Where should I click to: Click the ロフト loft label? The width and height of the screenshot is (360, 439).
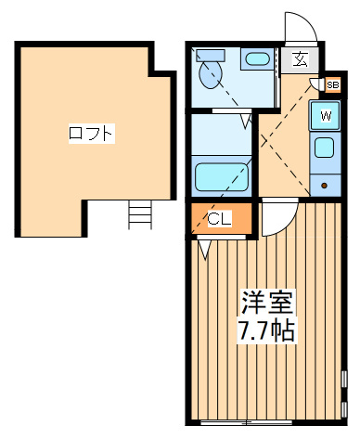pos(92,134)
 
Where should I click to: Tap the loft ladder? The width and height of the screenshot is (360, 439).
pos(140,214)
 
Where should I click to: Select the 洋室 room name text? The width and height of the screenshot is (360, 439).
pos(266,302)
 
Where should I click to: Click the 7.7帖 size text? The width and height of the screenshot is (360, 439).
pos(265,330)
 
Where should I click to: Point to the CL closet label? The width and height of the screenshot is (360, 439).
pos(219,219)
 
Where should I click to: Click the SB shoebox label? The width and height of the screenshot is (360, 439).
pos(333,84)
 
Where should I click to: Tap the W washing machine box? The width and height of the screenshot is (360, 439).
pos(325,116)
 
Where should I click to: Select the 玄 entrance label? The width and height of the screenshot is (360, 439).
pos(300,59)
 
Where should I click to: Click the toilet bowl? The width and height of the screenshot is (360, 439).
pos(211,74)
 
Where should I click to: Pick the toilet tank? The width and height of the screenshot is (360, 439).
pos(211,56)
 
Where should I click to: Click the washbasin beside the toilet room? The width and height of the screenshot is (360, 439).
pos(257,58)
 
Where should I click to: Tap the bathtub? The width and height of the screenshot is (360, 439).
pos(222,177)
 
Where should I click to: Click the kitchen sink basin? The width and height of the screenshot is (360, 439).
pos(324,148)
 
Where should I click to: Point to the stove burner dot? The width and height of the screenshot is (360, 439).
pos(324,186)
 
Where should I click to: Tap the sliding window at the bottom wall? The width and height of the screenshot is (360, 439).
pos(246,422)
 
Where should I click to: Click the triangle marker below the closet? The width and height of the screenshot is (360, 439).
pos(204,250)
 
